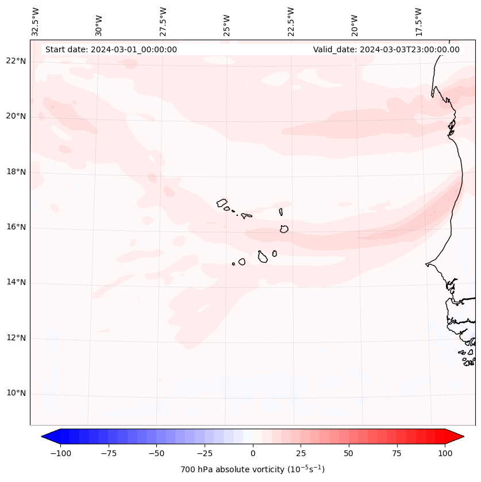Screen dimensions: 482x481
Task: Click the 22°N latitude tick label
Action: click(16, 61)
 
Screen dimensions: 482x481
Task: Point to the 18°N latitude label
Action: click(16, 172)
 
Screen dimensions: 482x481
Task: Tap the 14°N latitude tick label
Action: click(16, 282)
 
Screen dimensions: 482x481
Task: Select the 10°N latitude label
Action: click(16, 393)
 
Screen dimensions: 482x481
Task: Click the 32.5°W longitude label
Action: click(36, 21)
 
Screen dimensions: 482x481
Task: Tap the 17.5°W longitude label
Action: click(419, 21)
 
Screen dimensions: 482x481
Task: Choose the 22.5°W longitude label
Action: click(291, 21)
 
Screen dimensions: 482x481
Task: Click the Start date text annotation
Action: click(111, 49)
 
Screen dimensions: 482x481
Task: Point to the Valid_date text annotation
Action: click(386, 49)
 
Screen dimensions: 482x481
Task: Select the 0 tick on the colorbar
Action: click(253, 453)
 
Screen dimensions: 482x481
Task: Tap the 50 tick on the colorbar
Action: click(349, 453)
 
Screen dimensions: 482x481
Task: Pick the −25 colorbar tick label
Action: click(205, 453)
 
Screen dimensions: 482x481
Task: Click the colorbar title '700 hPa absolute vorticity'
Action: click(253, 469)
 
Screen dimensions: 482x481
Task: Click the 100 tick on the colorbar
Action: click(445, 453)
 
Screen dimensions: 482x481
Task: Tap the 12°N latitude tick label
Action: click(16, 338)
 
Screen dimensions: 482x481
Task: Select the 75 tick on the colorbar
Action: click(397, 453)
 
